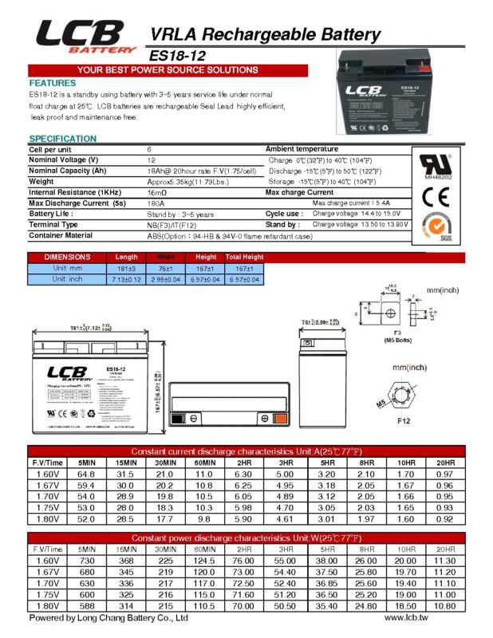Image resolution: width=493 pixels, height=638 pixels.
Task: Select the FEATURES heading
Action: (53, 83)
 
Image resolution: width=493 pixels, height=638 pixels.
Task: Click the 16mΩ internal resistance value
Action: (157, 192)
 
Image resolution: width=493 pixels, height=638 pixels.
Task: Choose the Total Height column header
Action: (245, 257)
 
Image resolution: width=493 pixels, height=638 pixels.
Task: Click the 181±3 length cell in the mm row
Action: (127, 268)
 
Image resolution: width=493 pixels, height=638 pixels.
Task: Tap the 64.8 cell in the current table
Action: (86, 473)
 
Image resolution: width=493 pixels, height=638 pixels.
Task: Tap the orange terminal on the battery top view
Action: (279, 419)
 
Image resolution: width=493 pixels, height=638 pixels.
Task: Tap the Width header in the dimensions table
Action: (166, 257)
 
